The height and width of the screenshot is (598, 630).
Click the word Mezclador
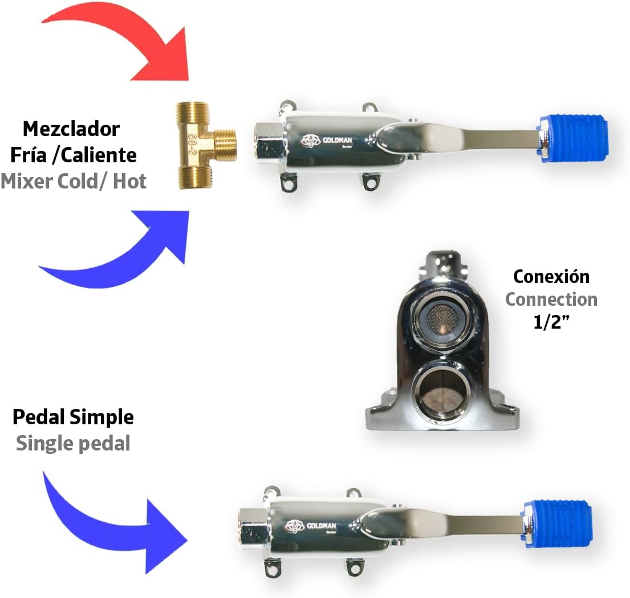point(71,129)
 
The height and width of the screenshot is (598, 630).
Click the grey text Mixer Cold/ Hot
point(74,181)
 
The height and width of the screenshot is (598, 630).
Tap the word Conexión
point(551,276)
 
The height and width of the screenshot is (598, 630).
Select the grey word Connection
point(551,300)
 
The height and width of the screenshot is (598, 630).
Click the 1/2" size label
point(551,323)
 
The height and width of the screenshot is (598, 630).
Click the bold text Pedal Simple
point(73,417)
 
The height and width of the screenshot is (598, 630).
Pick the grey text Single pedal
point(73,443)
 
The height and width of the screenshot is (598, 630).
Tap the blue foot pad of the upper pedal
point(572,138)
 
